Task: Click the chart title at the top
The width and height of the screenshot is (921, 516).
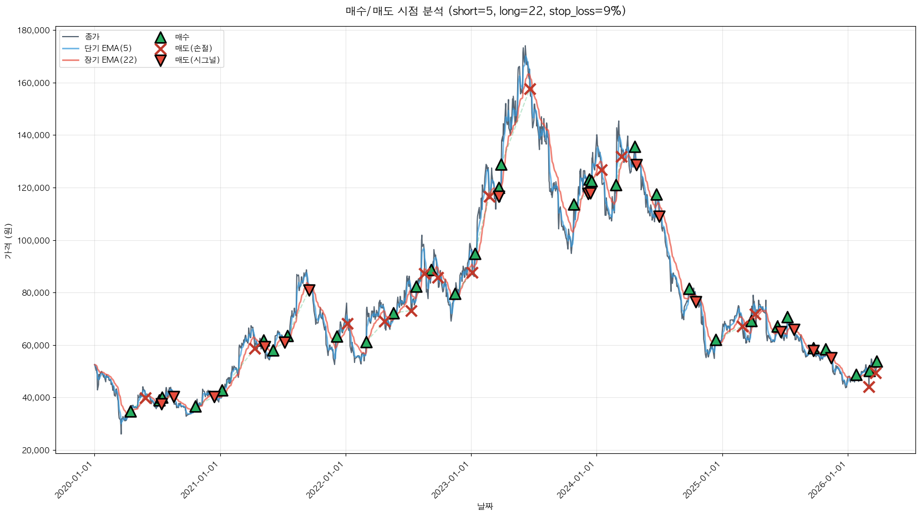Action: coord(485,11)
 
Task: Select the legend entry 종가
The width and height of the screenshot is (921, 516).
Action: coord(92,37)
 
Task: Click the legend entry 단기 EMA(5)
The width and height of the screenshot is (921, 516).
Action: coord(108,48)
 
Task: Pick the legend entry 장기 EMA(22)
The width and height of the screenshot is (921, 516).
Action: coord(110,60)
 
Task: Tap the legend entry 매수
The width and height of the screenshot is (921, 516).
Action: coord(182,37)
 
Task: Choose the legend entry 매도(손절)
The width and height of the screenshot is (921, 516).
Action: coord(193,48)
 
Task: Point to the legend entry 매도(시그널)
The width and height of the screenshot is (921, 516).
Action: coord(197,60)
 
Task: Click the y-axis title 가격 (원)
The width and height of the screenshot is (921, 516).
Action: coord(8,241)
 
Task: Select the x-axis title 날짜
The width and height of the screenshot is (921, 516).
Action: coord(485,506)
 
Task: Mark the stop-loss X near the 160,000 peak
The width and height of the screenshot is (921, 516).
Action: coord(530,89)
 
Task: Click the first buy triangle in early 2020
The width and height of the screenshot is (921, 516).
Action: coord(130,411)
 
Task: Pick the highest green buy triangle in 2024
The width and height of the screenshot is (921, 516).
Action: coord(635,147)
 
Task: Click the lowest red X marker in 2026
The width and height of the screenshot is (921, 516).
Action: coord(869,387)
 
